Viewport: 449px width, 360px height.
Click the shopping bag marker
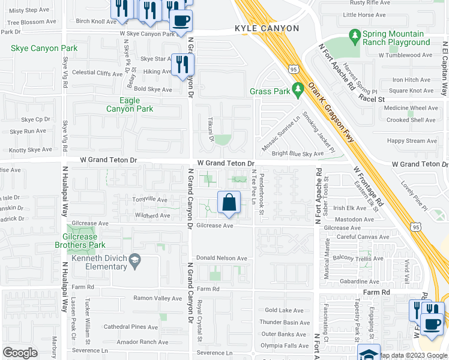pyautogui.click(x=229, y=203)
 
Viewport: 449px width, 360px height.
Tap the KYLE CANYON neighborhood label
pyautogui.click(x=267, y=28)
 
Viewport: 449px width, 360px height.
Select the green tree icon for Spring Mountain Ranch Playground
pyautogui.click(x=354, y=37)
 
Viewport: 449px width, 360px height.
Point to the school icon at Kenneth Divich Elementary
pyautogui.click(x=135, y=259)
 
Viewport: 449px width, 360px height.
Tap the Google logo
pyautogui.click(x=20, y=352)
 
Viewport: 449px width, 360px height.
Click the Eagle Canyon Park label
pyautogui.click(x=130, y=105)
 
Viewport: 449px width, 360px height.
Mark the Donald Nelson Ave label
pyautogui.click(x=221, y=258)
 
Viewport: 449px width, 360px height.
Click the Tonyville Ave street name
pyautogui.click(x=149, y=199)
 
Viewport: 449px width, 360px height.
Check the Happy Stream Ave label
pyautogui.click(x=412, y=141)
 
